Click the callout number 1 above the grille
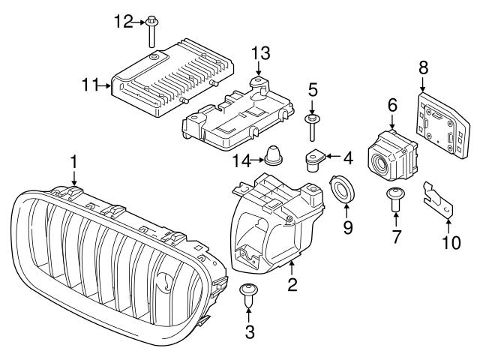73,160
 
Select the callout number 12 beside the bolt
123,22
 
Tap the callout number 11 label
91,85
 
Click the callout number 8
423,68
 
